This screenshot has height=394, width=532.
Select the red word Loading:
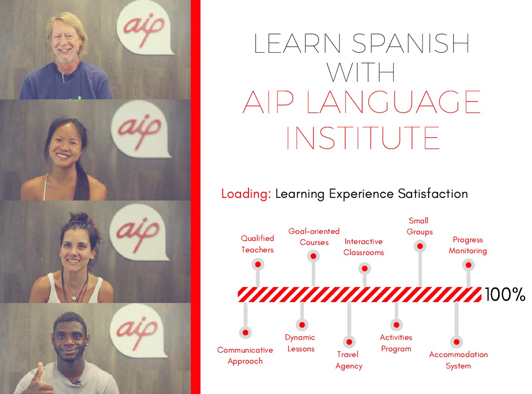tap(246, 193)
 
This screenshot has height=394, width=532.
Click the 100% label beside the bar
tap(505, 295)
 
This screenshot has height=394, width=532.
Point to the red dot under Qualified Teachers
tap(258, 264)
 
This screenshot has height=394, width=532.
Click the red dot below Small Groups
tap(420, 246)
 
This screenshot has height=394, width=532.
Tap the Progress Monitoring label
tap(468, 245)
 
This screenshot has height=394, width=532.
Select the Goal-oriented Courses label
tap(314, 237)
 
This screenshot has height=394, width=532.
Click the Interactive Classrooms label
tap(364, 247)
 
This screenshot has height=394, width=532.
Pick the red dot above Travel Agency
tap(349, 342)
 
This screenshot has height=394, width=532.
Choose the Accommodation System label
tap(458, 360)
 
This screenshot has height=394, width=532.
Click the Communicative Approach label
tap(245, 356)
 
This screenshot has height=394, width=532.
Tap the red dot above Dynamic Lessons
tap(302, 325)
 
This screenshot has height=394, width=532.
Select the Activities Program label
tap(396, 343)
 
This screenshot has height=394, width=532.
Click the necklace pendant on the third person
tap(74, 298)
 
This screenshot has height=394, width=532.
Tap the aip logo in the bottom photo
tap(138, 331)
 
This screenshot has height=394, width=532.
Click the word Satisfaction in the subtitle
tap(433, 193)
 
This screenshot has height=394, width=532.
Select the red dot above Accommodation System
tap(456, 342)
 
